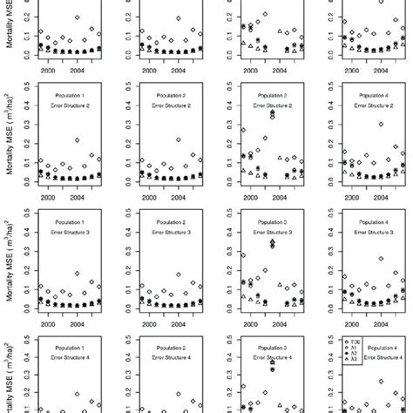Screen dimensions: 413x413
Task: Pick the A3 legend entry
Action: pyautogui.click(x=353, y=384)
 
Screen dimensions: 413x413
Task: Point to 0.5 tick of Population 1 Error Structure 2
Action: pyautogui.click(x=29, y=85)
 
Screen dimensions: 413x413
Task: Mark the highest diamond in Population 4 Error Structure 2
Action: pyautogui.click(x=381, y=125)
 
